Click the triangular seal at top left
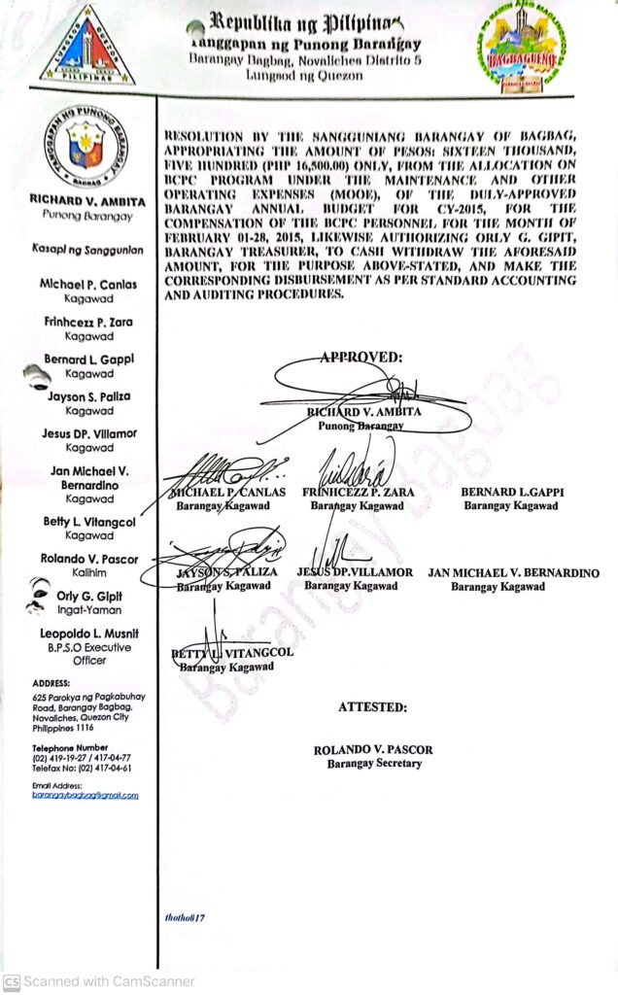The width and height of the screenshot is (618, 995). (87, 47)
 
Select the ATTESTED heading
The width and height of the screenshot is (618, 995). (373, 707)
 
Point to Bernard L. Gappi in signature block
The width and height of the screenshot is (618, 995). (512, 493)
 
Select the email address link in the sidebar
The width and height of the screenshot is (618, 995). (85, 795)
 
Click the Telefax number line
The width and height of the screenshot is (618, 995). (82, 768)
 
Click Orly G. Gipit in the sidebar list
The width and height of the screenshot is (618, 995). (89, 597)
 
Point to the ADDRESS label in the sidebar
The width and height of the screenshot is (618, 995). (51, 683)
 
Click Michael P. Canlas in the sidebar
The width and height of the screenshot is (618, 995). (89, 284)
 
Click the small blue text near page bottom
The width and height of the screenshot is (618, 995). (186, 916)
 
